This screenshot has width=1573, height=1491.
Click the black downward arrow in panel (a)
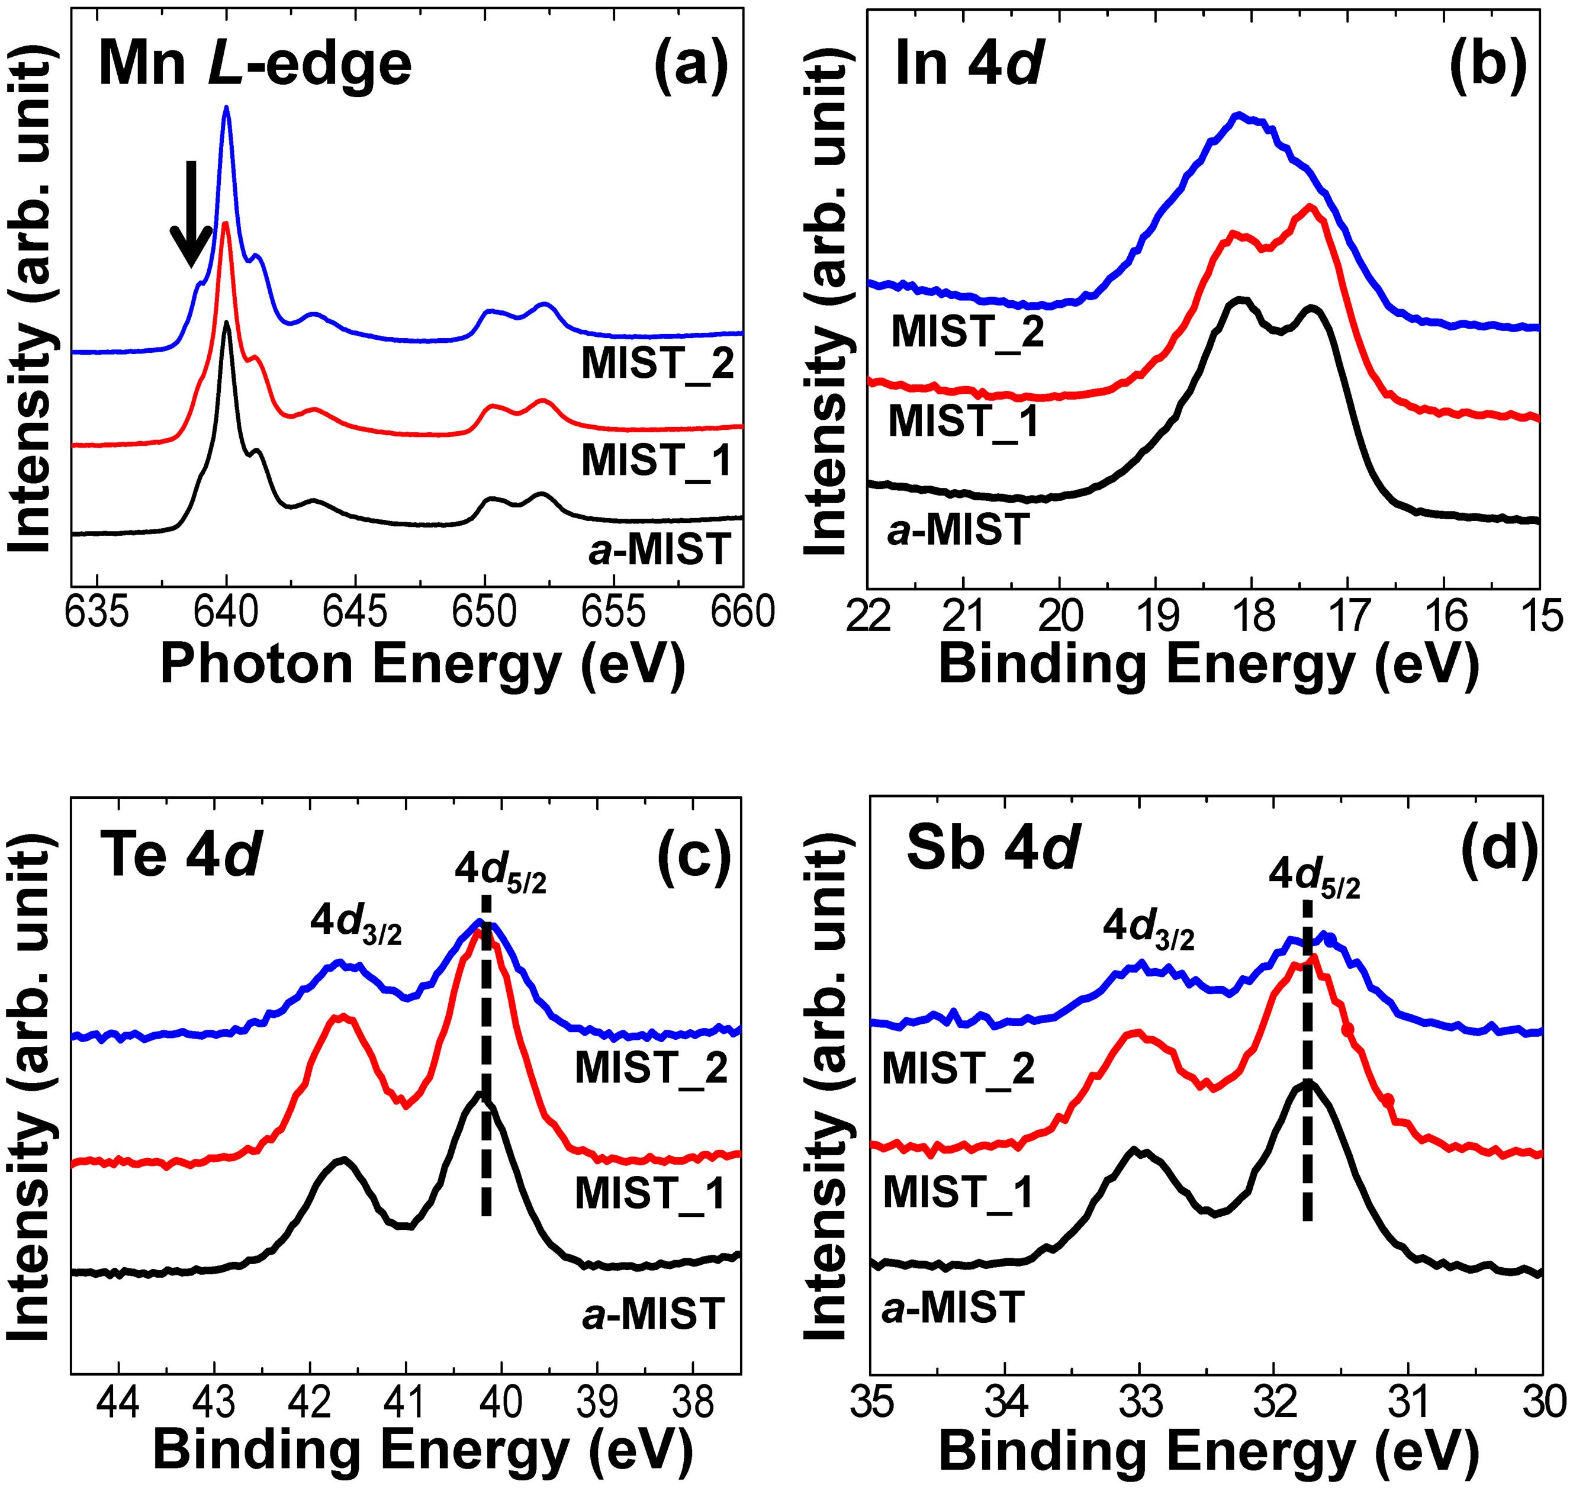191,214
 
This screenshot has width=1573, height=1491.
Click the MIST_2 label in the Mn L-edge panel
656,364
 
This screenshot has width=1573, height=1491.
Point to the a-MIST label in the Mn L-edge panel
658,549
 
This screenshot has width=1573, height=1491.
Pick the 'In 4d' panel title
967,63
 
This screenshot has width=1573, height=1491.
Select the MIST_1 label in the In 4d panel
964,420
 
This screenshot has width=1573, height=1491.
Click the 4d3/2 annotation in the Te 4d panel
356,924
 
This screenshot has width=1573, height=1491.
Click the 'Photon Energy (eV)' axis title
422,664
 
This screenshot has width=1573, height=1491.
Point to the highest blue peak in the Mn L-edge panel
226,109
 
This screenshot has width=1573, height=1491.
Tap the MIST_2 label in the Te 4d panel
651,1068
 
